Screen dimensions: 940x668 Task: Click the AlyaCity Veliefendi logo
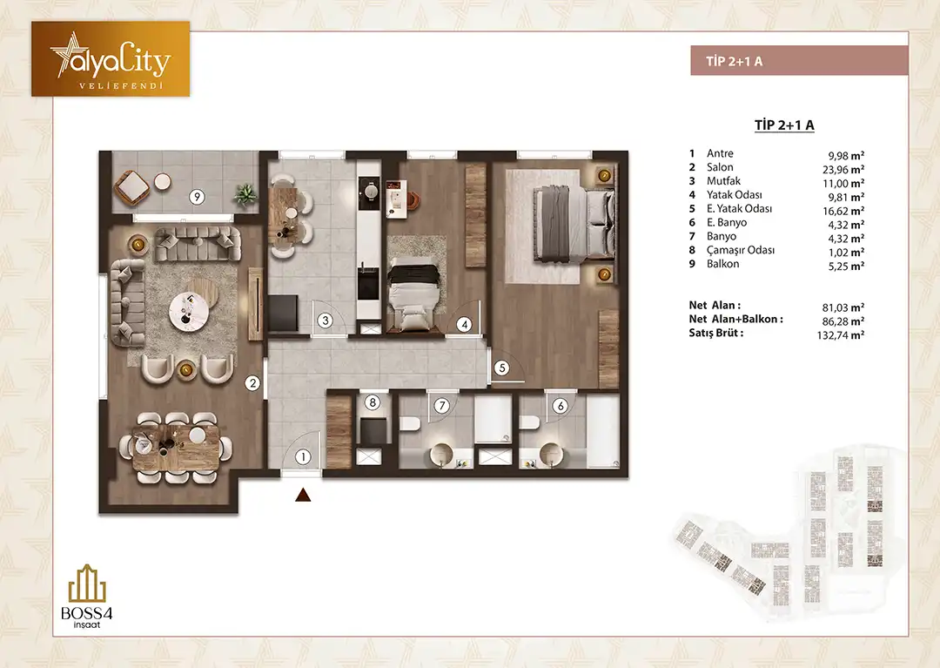tap(111, 58)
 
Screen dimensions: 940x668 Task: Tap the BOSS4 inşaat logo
tap(88, 596)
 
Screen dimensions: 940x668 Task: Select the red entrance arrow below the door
tap(304, 495)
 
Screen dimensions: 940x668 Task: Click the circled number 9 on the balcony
tap(196, 196)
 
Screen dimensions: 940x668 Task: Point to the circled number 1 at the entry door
tap(304, 457)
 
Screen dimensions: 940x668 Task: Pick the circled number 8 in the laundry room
tap(373, 402)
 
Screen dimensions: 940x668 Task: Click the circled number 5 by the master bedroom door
tap(502, 368)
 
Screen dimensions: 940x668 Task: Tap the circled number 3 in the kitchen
tap(326, 321)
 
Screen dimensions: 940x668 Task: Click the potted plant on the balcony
tap(245, 194)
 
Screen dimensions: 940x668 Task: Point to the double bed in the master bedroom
tap(574, 222)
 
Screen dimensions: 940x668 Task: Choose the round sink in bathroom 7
tap(444, 454)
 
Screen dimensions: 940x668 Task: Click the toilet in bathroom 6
tap(530, 423)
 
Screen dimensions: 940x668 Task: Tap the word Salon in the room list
tap(720, 167)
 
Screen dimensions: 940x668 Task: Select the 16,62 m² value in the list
tap(843, 211)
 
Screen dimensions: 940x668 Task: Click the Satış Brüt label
tap(716, 333)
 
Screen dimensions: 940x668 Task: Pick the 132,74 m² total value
tap(841, 335)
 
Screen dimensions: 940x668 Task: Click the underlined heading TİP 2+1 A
tap(784, 125)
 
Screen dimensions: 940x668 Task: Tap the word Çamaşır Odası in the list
tap(741, 250)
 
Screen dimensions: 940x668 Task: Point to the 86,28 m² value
tap(843, 321)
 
